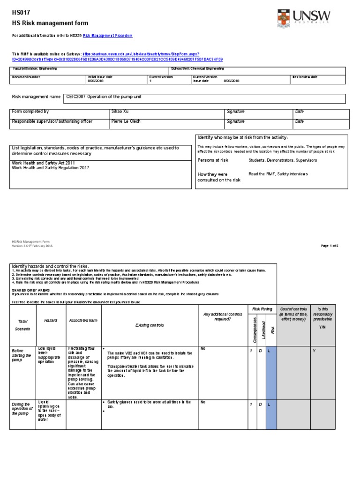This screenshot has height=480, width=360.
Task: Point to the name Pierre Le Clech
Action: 127,121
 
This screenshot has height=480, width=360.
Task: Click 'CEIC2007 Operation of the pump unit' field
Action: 105,97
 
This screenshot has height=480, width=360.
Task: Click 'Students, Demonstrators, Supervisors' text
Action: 282,160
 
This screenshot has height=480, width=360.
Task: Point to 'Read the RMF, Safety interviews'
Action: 278,174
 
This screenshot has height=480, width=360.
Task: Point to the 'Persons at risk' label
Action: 213,160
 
